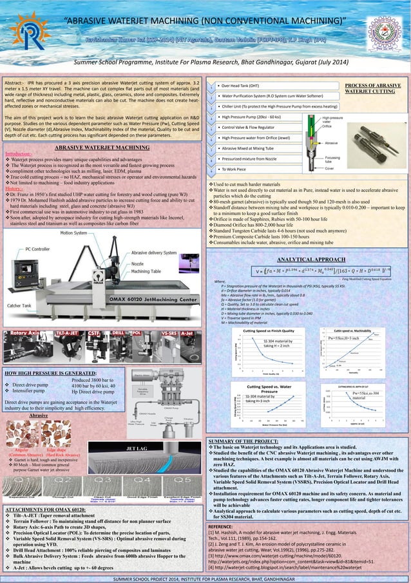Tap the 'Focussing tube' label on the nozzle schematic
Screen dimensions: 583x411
(x=335, y=158)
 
